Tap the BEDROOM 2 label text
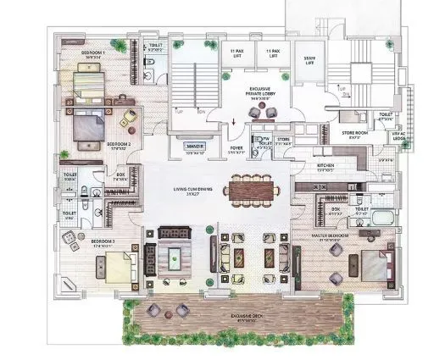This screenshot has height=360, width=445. tap(117, 145)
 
